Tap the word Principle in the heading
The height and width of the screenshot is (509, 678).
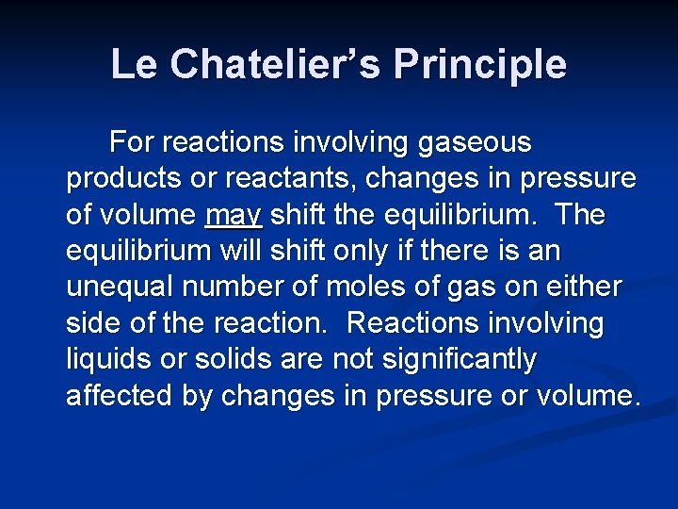click(x=480, y=64)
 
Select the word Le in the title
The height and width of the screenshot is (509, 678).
click(x=131, y=64)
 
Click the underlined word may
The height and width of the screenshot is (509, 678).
click(x=233, y=216)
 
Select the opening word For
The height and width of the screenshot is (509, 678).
click(x=132, y=143)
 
